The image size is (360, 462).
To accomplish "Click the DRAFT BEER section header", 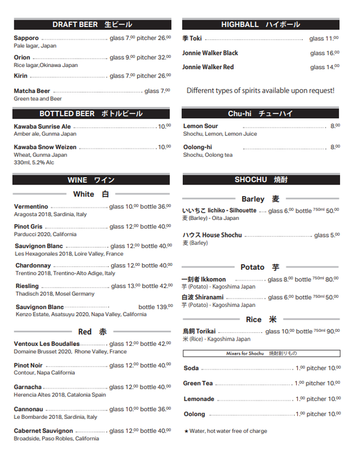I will [x=92, y=24].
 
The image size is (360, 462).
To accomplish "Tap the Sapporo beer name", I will [x=27, y=38].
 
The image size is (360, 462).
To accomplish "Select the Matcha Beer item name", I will [x=32, y=91].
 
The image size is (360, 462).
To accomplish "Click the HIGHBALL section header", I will [x=260, y=24].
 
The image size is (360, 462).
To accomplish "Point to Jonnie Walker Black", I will [x=210, y=53].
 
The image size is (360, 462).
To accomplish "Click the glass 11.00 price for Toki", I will [x=324, y=38].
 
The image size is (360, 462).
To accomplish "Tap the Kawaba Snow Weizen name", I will [x=45, y=147].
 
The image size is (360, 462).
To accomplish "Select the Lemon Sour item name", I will [x=200, y=126].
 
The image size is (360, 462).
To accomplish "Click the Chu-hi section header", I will [x=260, y=114].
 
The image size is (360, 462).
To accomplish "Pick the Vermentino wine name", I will [x=31, y=207].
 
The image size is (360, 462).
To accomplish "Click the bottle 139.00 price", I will [x=155, y=307].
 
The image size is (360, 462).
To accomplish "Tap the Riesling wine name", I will [x=27, y=286].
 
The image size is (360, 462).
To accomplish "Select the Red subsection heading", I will [x=92, y=332].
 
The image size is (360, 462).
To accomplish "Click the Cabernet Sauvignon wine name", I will [x=43, y=430].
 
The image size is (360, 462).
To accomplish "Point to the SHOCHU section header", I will [x=260, y=179].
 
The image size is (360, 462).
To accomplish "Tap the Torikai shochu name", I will [x=199, y=331].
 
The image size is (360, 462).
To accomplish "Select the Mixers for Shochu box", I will [x=261, y=353].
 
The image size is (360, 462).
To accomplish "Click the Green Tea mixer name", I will [x=198, y=383].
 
